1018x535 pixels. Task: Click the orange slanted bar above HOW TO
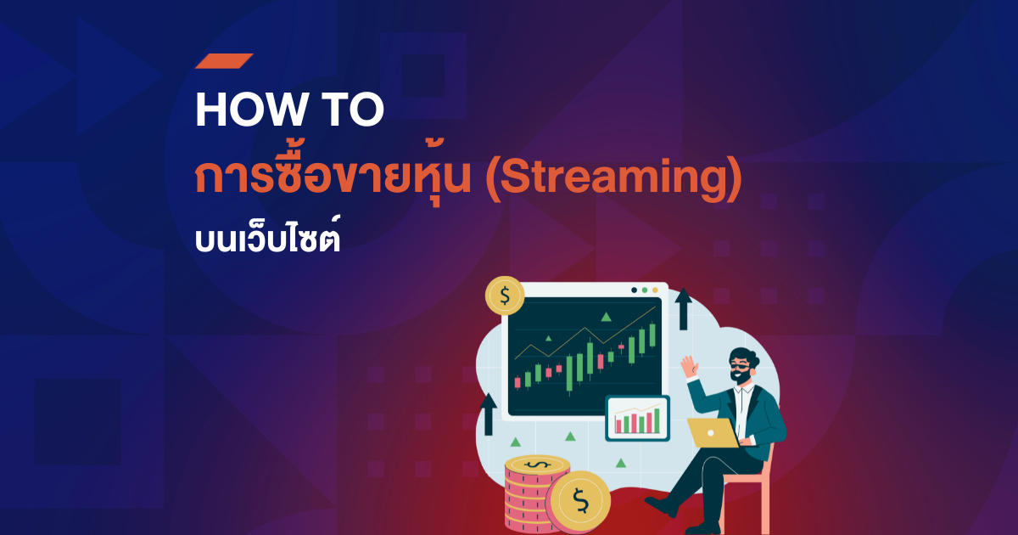tap(224, 60)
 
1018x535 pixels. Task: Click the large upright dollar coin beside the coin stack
tap(580, 502)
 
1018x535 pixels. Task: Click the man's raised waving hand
tap(690, 368)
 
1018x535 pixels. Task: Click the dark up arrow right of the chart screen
tap(683, 309)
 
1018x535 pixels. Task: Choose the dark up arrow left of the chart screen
tap(489, 414)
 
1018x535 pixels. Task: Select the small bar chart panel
tap(637, 418)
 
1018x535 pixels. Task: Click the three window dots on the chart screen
tap(644, 290)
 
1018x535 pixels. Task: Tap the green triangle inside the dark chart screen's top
tap(606, 317)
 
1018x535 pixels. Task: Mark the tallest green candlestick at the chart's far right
tap(652, 337)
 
